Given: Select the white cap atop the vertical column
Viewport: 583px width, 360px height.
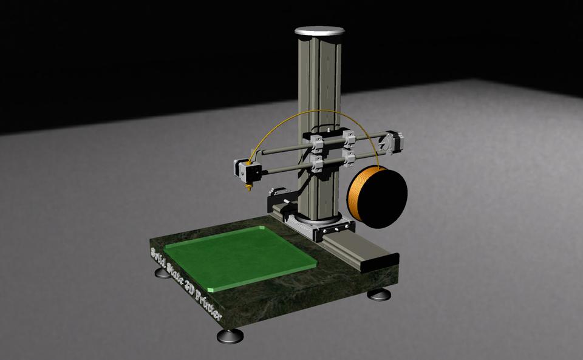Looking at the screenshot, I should [319, 30].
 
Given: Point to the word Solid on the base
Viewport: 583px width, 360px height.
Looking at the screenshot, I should [159, 254].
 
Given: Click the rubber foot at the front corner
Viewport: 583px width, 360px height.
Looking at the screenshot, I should [230, 336].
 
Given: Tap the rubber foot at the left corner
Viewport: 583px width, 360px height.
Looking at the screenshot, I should [163, 273].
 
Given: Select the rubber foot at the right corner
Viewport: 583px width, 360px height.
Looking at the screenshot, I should [378, 295].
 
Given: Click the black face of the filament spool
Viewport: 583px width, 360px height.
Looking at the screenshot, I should [383, 197].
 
